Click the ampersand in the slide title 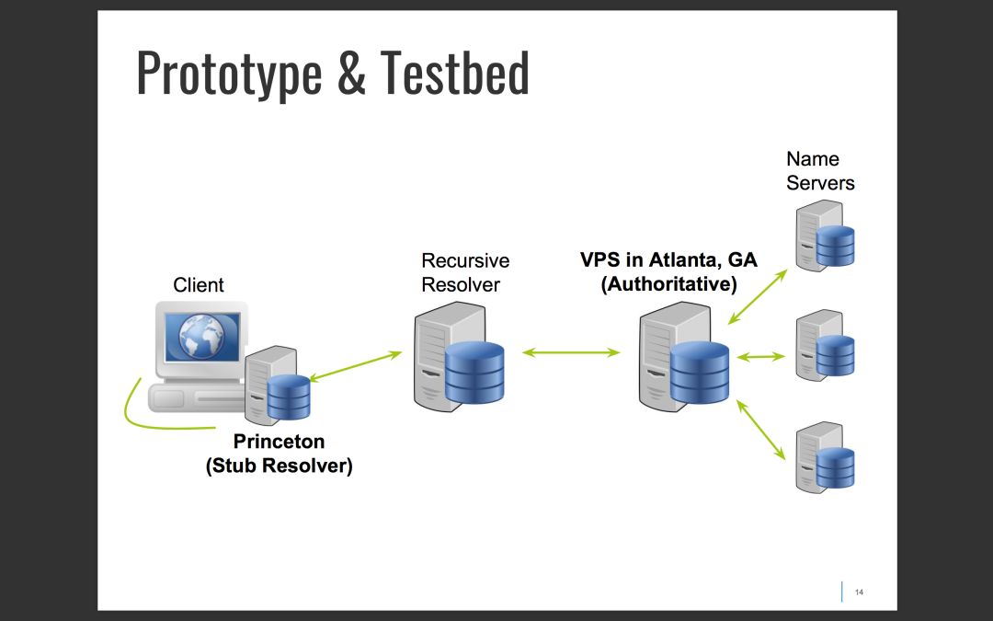click(x=351, y=74)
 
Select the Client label click(x=199, y=285)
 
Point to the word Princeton click(x=279, y=443)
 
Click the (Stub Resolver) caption click(x=279, y=466)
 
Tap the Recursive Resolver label click(x=465, y=273)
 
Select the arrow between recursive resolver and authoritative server click(x=571, y=351)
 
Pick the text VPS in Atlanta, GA click(x=668, y=260)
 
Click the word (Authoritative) click(x=668, y=284)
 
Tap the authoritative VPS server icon click(x=684, y=359)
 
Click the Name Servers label click(x=820, y=171)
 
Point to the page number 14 click(x=859, y=592)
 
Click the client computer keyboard click(x=198, y=397)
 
